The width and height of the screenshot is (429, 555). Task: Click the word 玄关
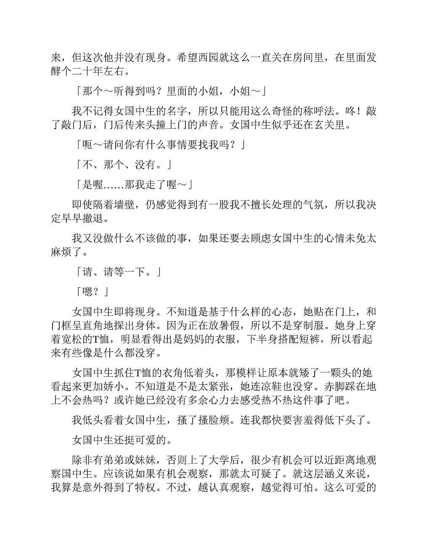coord(319,125)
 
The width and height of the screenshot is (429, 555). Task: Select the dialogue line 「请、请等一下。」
coord(119,272)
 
